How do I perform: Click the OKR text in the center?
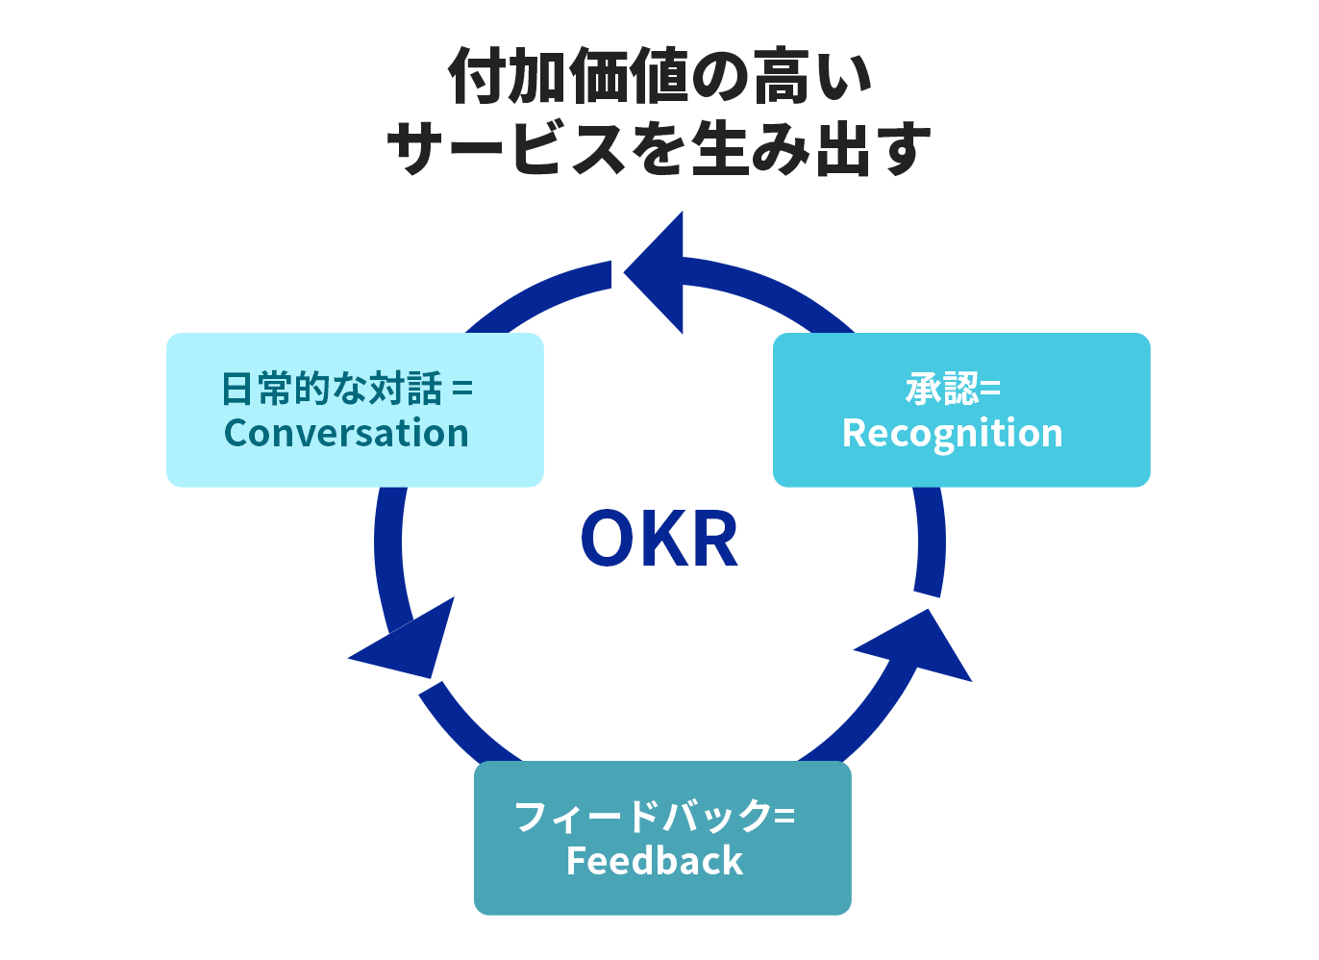(x=659, y=539)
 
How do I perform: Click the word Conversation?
(x=346, y=434)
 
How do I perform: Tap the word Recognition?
(x=952, y=434)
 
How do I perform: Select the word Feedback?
(x=655, y=861)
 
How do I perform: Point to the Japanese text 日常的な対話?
(x=333, y=390)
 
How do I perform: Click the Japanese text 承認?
(x=941, y=390)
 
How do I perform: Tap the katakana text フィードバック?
(x=642, y=817)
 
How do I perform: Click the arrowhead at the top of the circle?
(x=659, y=273)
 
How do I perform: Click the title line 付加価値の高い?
(x=659, y=77)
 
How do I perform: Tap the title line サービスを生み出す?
(x=659, y=149)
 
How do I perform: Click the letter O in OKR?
(x=610, y=539)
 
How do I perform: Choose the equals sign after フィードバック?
(x=784, y=818)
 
